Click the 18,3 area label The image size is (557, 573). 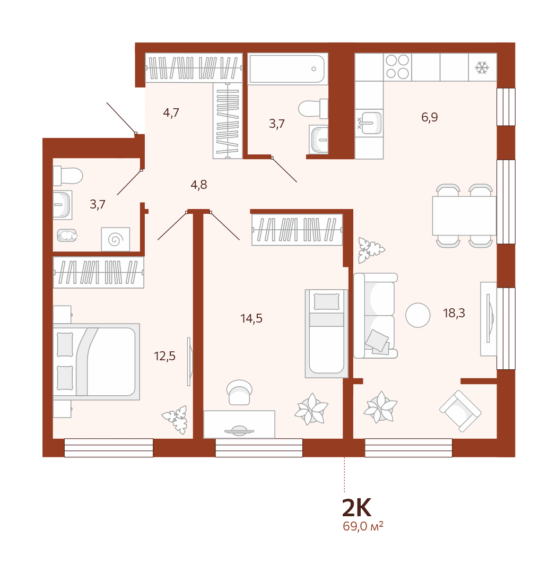point(454,313)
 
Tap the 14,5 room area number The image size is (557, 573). point(251,319)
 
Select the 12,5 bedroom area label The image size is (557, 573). point(165,356)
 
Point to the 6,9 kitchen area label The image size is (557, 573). point(430,117)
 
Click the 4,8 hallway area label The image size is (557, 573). point(199,185)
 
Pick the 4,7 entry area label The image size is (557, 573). point(171,112)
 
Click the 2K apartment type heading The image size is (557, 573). point(356,508)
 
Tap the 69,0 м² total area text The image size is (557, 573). point(363,526)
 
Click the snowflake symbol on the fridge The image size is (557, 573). point(482,67)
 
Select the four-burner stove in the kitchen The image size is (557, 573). point(397,67)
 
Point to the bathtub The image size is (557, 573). point(288,69)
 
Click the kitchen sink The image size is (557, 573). point(370,123)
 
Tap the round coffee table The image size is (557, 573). point(418,315)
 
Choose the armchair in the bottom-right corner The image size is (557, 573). point(460,411)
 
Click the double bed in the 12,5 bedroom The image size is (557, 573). point(97,362)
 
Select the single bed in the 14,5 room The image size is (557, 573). point(326,334)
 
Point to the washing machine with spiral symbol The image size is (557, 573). point(116,239)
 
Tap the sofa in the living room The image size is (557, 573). point(376,316)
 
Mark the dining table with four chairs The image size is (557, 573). point(464,216)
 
